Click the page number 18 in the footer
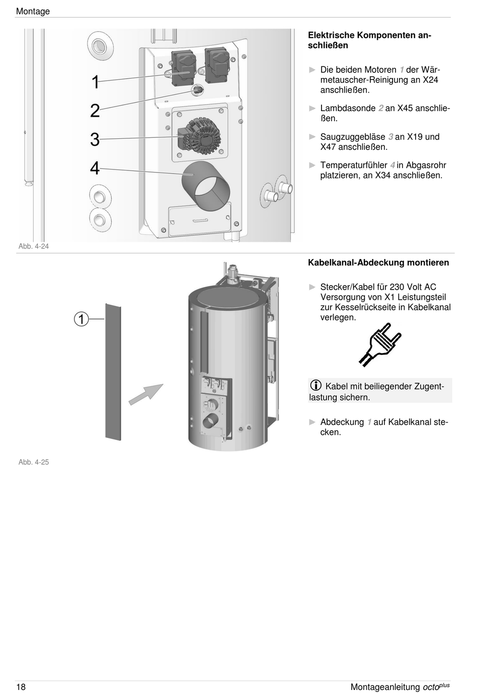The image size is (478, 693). click(x=21, y=687)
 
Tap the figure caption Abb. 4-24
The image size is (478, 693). click(x=34, y=246)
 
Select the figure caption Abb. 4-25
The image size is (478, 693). click(x=34, y=462)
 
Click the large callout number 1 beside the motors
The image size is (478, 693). click(x=95, y=82)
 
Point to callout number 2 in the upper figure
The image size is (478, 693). click(x=95, y=111)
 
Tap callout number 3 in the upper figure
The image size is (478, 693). click(x=95, y=139)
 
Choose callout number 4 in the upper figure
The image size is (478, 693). click(x=95, y=168)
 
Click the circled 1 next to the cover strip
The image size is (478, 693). click(x=82, y=319)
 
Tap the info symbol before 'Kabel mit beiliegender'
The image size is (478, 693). click(x=315, y=386)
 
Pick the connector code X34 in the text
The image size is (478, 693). click(x=385, y=176)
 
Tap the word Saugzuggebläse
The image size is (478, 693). click(x=353, y=137)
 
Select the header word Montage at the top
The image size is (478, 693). click(x=33, y=11)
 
